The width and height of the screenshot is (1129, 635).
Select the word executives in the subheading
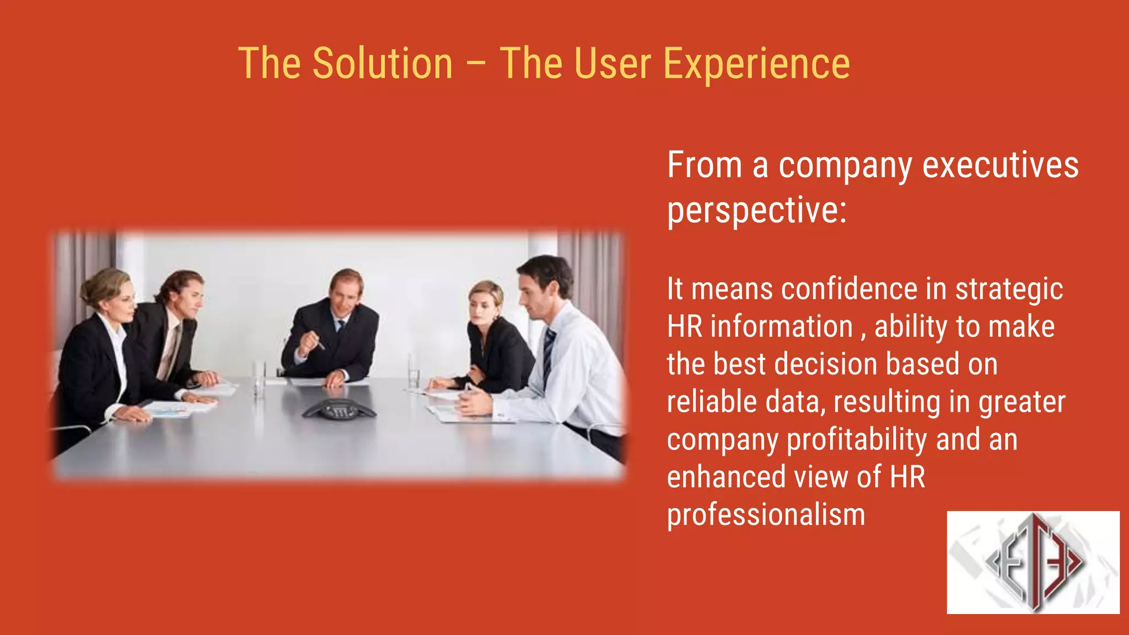point(1000,165)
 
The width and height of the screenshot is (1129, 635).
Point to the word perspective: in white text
point(756,211)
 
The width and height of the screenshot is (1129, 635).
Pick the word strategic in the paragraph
point(1008,290)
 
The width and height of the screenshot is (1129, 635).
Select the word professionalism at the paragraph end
point(766,515)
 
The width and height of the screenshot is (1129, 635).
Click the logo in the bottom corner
point(1033,562)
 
